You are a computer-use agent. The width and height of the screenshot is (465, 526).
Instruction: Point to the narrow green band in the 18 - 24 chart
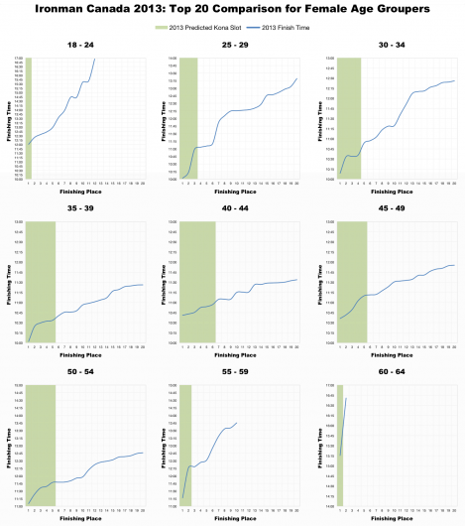[x=29, y=119]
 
